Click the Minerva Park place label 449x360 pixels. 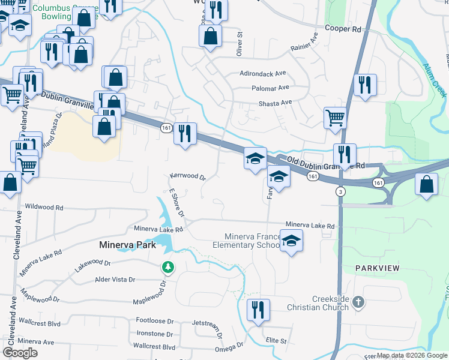pyautogui.click(x=127, y=245)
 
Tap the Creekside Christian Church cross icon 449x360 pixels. pyautogui.click(x=358, y=302)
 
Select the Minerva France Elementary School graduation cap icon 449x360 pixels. pyautogui.click(x=291, y=241)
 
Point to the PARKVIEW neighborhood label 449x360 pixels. pyautogui.click(x=377, y=268)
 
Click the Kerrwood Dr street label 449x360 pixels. pyautogui.click(x=188, y=177)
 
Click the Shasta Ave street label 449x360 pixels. pyautogui.click(x=275, y=103)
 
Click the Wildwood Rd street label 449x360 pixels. pyautogui.click(x=44, y=207)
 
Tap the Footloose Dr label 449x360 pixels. pyautogui.click(x=154, y=320)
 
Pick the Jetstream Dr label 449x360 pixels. pyautogui.click(x=208, y=323)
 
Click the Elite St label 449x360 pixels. pyautogui.click(x=276, y=340)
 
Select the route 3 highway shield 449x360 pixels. pyautogui.click(x=340, y=191)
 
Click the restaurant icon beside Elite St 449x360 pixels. pyautogui.click(x=258, y=310)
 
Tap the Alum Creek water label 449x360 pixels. pyautogui.click(x=436, y=80)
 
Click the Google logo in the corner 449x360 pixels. pyautogui.click(x=20, y=352)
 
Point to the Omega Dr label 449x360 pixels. pyautogui.click(x=229, y=347)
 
